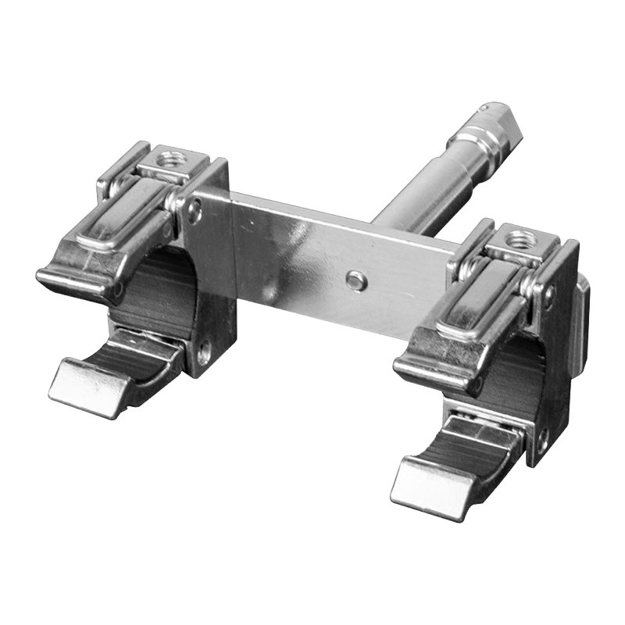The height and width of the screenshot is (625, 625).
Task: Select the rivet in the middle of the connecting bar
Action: (355, 278)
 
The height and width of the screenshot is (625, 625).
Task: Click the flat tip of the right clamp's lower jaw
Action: (422, 484)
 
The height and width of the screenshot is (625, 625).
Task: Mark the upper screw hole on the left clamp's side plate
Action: (195, 209)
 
